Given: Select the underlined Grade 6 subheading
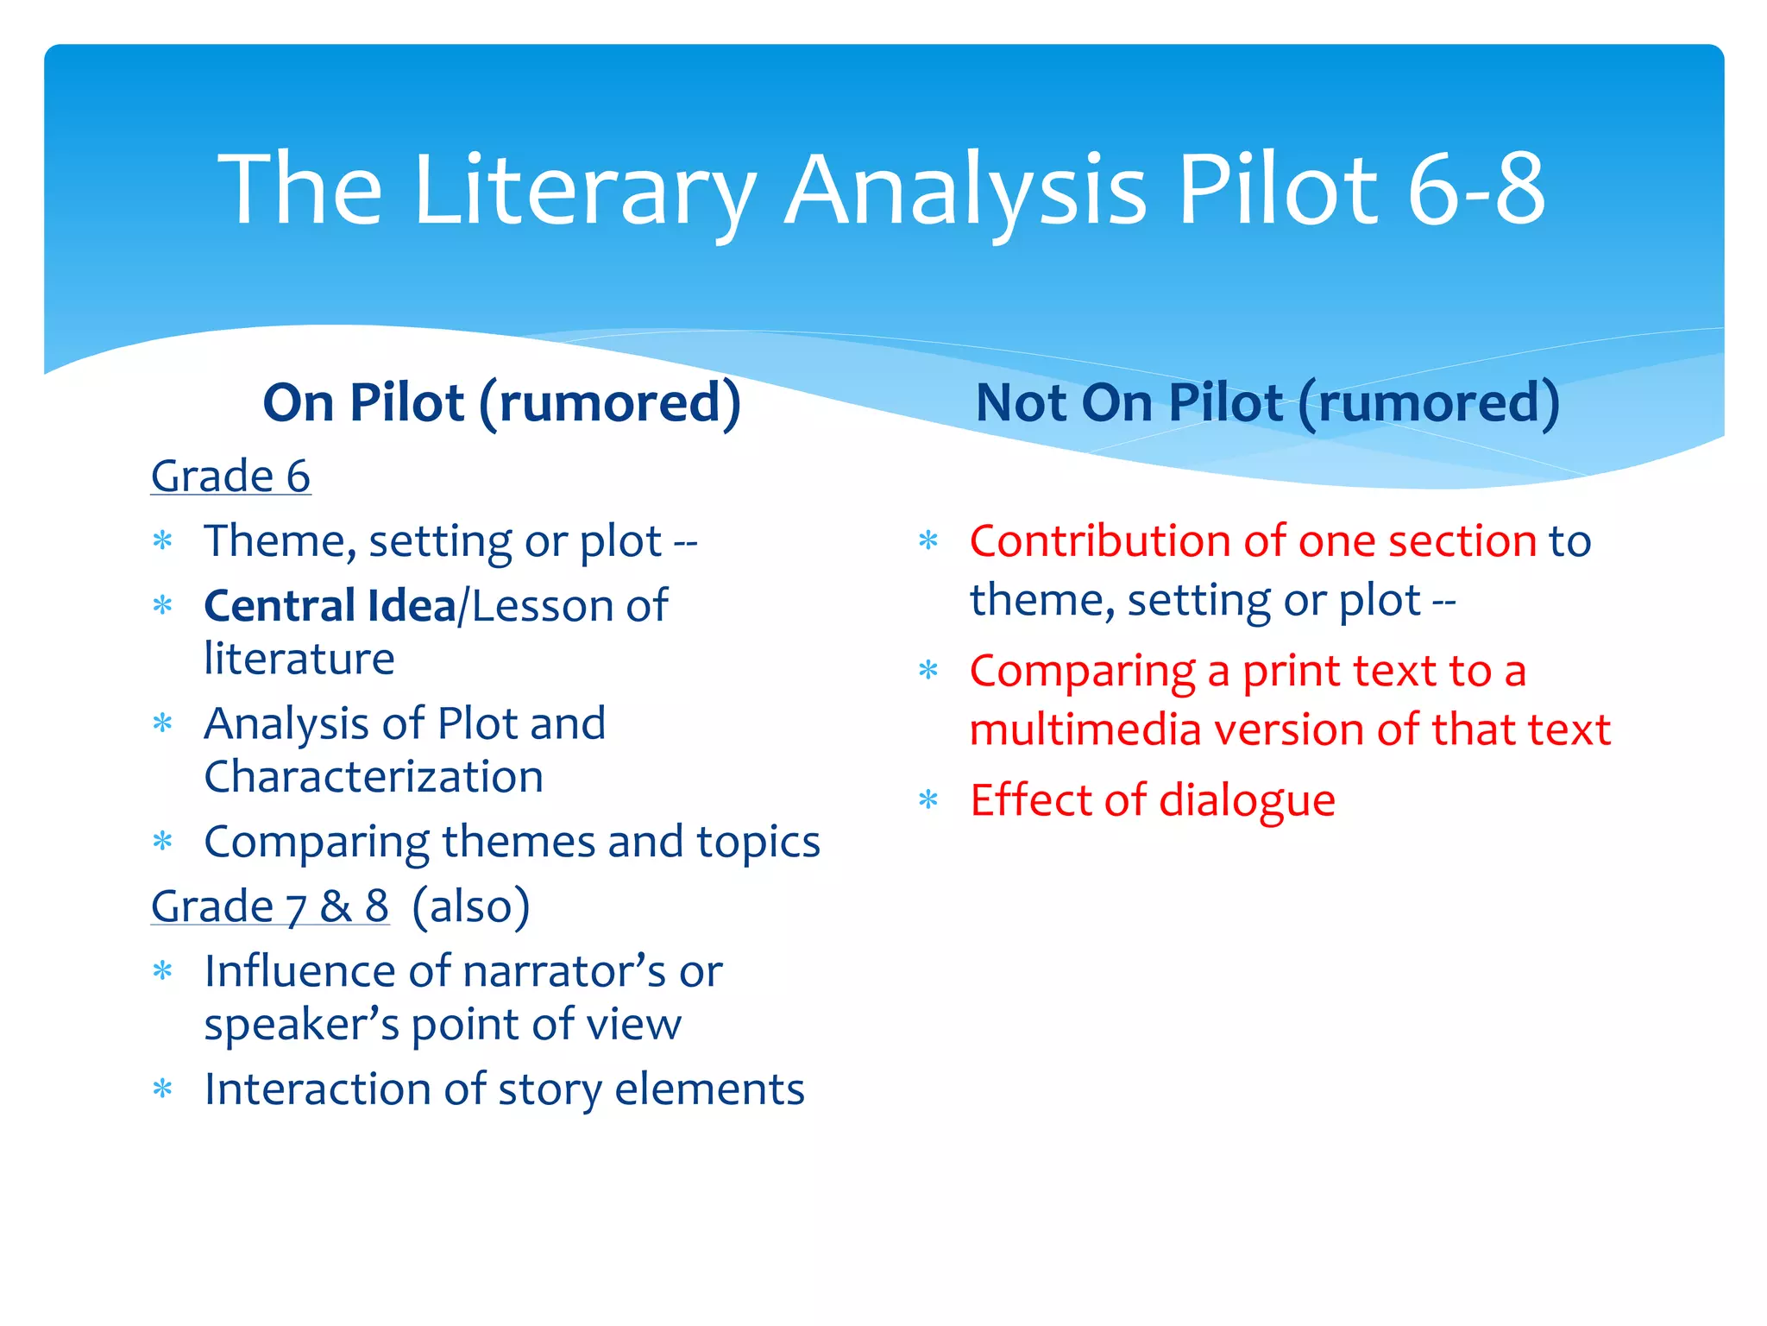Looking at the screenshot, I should [x=230, y=476].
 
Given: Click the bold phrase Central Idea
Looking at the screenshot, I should [x=330, y=605].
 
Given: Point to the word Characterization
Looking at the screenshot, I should [x=374, y=776].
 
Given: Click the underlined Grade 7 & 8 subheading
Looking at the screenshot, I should [x=270, y=906].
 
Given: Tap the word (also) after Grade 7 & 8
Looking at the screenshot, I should [x=470, y=906].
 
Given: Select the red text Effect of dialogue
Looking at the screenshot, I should [x=1152, y=799].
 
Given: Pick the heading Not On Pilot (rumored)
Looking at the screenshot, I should [x=1267, y=402].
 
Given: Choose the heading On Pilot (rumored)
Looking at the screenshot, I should [x=501, y=402].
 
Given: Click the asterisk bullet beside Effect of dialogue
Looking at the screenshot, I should [x=928, y=800].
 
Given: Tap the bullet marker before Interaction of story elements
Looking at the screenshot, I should [x=162, y=1089].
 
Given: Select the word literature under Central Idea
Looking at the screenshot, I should [x=299, y=659].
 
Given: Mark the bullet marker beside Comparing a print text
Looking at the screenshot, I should [x=928, y=671].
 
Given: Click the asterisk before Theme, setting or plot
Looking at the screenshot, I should [x=162, y=541].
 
